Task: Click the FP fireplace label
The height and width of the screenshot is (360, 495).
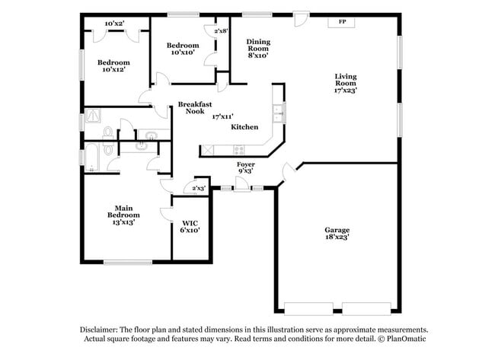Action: (x=341, y=22)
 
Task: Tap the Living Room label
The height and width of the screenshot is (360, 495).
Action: (x=346, y=82)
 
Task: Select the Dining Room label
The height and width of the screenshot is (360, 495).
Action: (x=257, y=48)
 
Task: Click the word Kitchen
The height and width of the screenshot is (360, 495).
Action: (x=244, y=126)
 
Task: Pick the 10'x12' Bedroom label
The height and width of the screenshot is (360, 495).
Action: (x=113, y=65)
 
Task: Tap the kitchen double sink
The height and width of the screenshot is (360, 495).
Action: (x=279, y=113)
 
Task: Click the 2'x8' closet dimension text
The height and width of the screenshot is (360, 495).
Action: (x=222, y=31)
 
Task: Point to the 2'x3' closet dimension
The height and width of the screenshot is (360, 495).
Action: (x=199, y=187)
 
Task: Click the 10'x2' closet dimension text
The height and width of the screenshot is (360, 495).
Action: (x=115, y=24)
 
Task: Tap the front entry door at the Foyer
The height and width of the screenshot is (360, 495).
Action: (x=242, y=185)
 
